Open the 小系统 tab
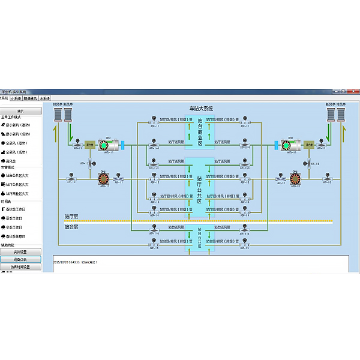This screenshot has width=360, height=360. pos(16,98)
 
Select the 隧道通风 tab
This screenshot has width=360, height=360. pos(29,98)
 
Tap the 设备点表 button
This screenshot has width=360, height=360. pos(20,259)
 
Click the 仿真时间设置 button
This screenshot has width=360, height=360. pos(20,267)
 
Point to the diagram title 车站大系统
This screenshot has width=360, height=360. pos(200,109)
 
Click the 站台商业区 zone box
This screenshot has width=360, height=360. pos(200,131)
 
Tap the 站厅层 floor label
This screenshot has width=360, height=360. pos(72,216)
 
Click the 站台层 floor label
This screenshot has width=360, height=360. pos(72,227)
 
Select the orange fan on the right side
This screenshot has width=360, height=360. pos(295,178)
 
